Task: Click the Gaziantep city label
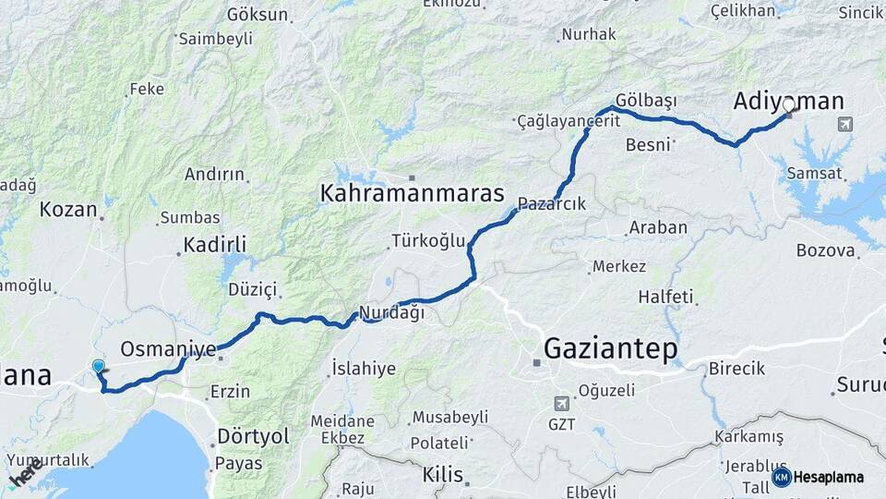[x=610, y=348]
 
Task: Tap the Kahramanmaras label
[x=413, y=193]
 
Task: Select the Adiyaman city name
[x=776, y=101]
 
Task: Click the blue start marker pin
[x=99, y=367]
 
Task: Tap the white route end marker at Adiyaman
[x=789, y=106]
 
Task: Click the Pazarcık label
[x=552, y=203]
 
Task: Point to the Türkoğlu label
[x=428, y=241]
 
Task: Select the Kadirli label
[x=215, y=245]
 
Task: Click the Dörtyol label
[x=253, y=435]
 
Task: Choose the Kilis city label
[x=442, y=475]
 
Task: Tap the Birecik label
[x=736, y=369]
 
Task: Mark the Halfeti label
[x=664, y=297]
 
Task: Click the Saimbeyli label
[x=215, y=39]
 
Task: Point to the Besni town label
[x=648, y=145]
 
